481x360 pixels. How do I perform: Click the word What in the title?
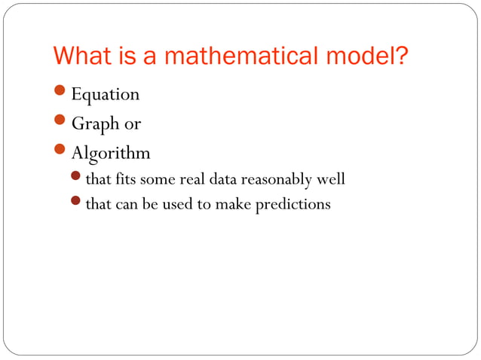81,56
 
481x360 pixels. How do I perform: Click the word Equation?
106,95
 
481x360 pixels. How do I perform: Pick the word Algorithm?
111,154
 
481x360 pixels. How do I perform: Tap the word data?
224,180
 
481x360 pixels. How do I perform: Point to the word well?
332,180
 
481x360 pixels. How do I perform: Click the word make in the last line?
234,204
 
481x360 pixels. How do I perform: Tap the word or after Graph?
133,124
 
